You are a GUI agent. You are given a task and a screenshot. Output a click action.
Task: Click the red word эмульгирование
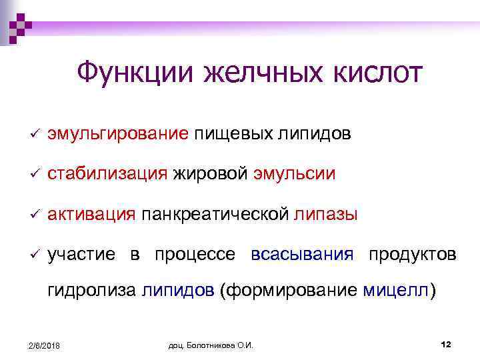pyautogui.click(x=117, y=134)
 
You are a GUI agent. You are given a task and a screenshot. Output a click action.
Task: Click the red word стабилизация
pyautogui.click(x=107, y=174)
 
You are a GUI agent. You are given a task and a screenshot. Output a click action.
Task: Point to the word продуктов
pyautogui.click(x=412, y=255)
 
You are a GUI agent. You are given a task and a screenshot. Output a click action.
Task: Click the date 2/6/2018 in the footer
pyautogui.click(x=43, y=345)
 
